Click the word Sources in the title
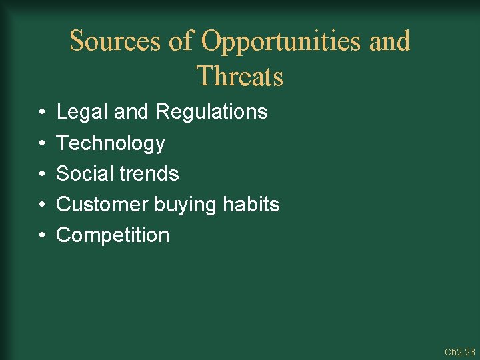(x=115, y=41)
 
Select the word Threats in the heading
(x=240, y=77)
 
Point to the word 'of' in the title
(x=181, y=41)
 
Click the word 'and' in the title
(x=389, y=41)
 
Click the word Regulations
(x=211, y=112)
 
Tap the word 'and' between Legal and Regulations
(x=132, y=112)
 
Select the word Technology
(x=111, y=143)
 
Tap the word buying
(x=185, y=204)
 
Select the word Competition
(x=113, y=235)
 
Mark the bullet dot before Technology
(x=41, y=143)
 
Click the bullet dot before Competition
(x=41, y=235)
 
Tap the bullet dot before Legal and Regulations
(x=41, y=112)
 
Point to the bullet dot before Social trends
(x=41, y=174)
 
